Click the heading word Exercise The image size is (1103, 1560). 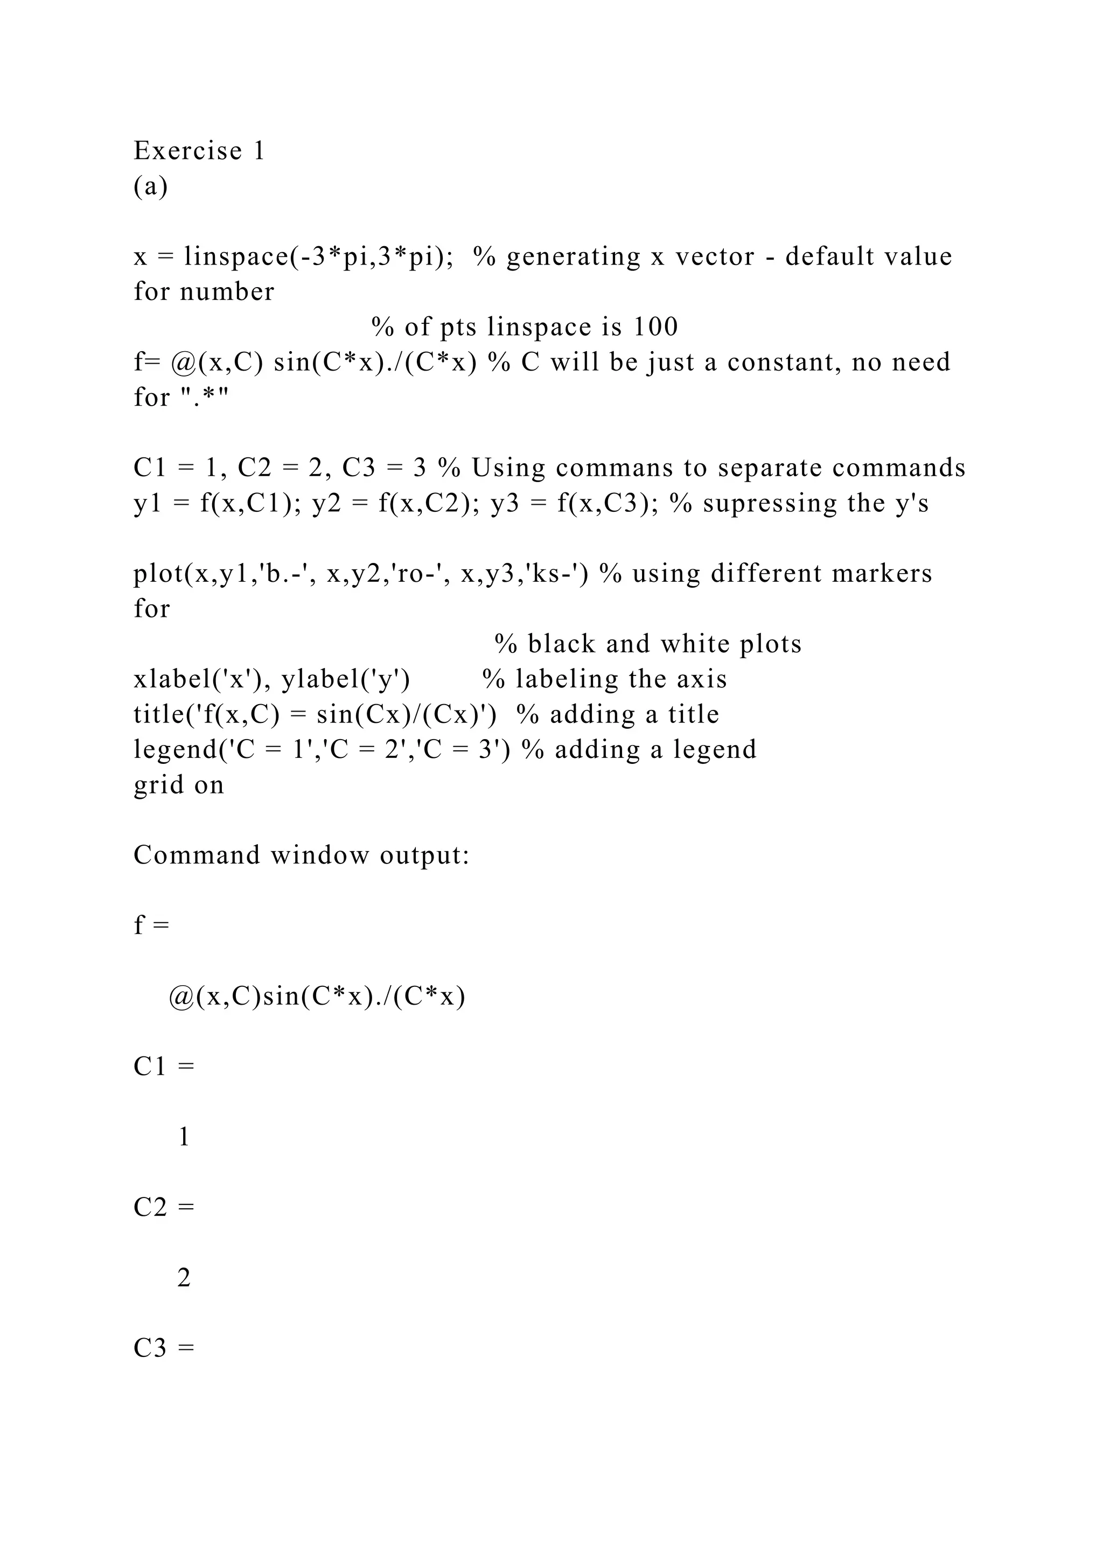(187, 151)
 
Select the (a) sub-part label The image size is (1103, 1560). (150, 186)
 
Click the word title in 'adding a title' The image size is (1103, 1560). (695, 715)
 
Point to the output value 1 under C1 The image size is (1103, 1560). (183, 1137)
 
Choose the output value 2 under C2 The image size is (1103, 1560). (183, 1278)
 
